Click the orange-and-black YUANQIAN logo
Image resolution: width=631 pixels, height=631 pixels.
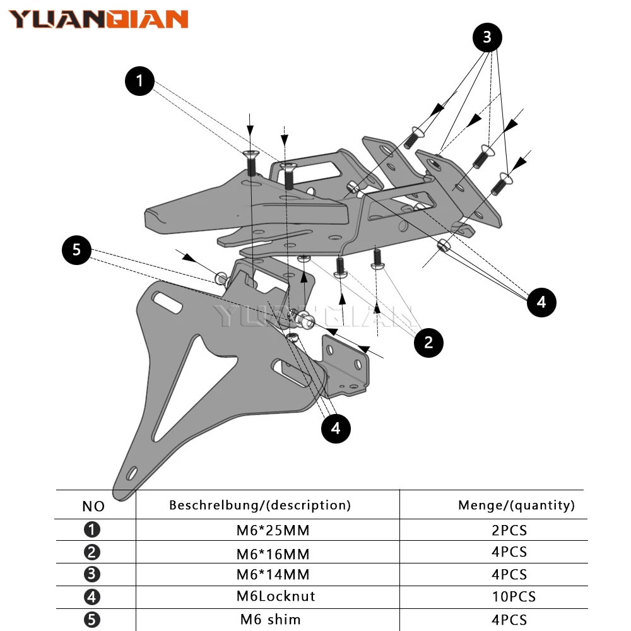tap(98, 19)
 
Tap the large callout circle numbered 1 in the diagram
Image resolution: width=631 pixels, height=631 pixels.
tap(139, 81)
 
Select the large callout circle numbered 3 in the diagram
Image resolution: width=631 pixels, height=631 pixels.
tap(487, 38)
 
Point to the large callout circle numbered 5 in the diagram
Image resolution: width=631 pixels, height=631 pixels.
tap(76, 250)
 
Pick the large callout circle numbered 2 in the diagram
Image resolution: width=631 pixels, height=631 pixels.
tap(428, 343)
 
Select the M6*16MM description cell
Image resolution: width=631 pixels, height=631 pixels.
tap(273, 554)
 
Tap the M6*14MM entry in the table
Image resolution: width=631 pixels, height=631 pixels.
tap(273, 575)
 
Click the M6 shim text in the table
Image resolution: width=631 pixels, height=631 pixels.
tap(270, 619)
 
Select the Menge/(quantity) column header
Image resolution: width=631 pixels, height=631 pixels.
tap(516, 505)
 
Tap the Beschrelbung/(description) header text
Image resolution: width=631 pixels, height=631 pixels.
tap(260, 505)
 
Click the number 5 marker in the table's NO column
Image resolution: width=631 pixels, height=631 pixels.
tap(92, 620)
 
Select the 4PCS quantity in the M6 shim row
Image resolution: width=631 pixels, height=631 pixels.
tap(509, 620)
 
